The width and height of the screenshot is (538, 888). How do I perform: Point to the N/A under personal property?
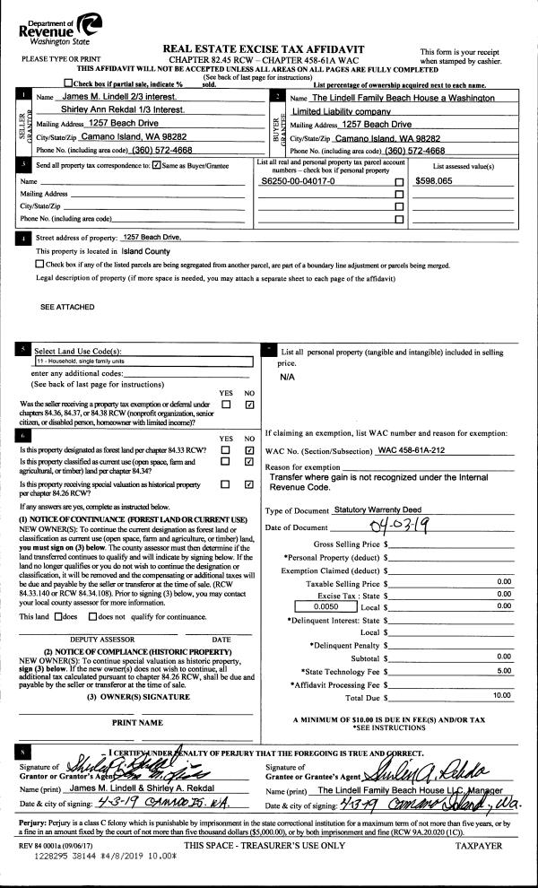pos(287,377)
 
